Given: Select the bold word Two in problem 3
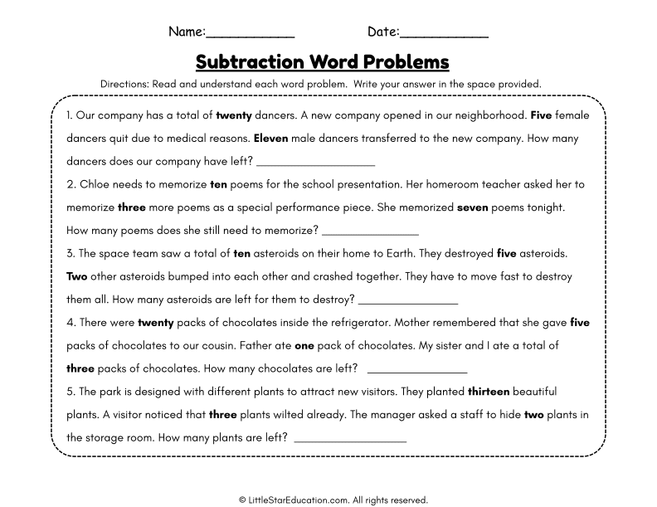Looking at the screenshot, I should [x=76, y=276].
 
